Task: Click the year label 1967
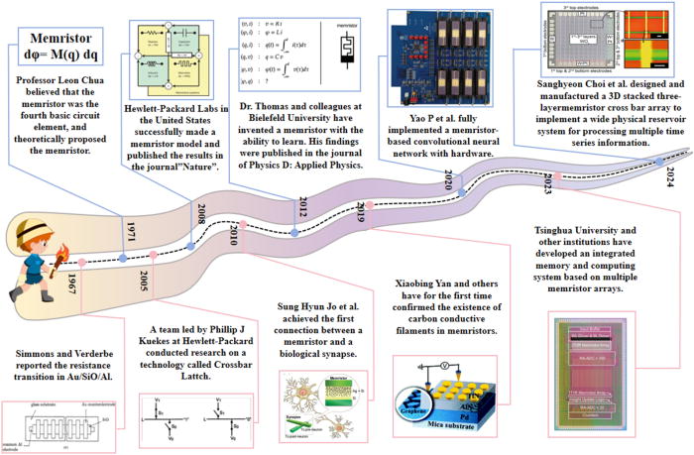[x=69, y=283]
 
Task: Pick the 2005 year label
[x=145, y=280]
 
